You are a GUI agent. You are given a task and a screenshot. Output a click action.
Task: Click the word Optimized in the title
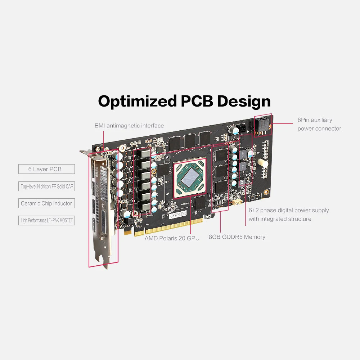(x=138, y=102)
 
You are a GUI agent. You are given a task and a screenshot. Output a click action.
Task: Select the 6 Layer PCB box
(x=46, y=169)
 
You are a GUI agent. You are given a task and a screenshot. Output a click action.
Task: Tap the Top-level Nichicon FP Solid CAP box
(x=46, y=186)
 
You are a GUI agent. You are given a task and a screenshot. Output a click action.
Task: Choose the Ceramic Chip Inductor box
(x=46, y=203)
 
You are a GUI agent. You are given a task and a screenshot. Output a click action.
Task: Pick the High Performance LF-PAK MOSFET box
(x=46, y=220)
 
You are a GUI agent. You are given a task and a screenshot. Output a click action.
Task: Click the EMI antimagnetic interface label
(x=129, y=126)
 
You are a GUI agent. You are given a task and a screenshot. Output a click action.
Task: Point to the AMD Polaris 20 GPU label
(x=172, y=238)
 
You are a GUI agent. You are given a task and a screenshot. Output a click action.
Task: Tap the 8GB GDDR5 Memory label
(x=237, y=237)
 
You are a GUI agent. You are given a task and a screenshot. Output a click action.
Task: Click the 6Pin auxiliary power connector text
(x=319, y=124)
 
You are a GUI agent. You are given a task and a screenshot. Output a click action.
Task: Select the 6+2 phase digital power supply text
(x=289, y=215)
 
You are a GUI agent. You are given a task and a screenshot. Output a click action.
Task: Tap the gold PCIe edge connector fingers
(x=169, y=227)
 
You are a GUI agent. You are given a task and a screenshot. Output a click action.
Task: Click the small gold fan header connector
(x=237, y=202)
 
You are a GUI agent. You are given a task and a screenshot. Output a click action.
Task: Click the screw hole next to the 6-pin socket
(x=270, y=126)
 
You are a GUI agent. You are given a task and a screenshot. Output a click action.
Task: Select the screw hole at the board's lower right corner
(x=266, y=192)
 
